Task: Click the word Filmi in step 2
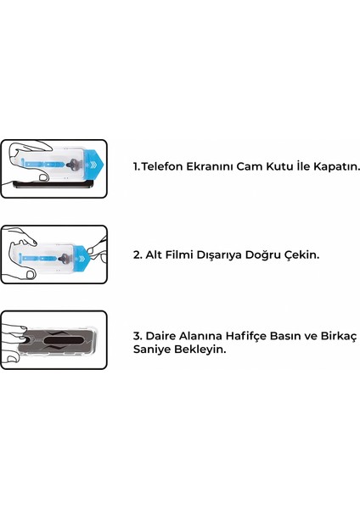coord(183,254)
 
